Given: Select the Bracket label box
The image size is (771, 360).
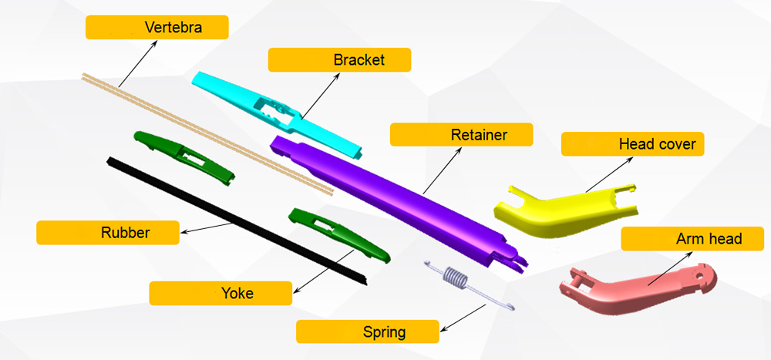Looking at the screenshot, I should pyautogui.click(x=339, y=59).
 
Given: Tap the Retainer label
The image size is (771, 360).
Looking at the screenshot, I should pyautogui.click(x=461, y=135).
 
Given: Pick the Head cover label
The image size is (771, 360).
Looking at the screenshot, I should pyautogui.click(x=632, y=144).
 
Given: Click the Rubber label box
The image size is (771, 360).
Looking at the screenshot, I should pyautogui.click(x=108, y=233).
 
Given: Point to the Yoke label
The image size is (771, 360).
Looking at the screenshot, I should pyautogui.click(x=221, y=293).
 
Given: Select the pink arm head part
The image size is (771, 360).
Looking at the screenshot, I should pyautogui.click(x=640, y=285).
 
